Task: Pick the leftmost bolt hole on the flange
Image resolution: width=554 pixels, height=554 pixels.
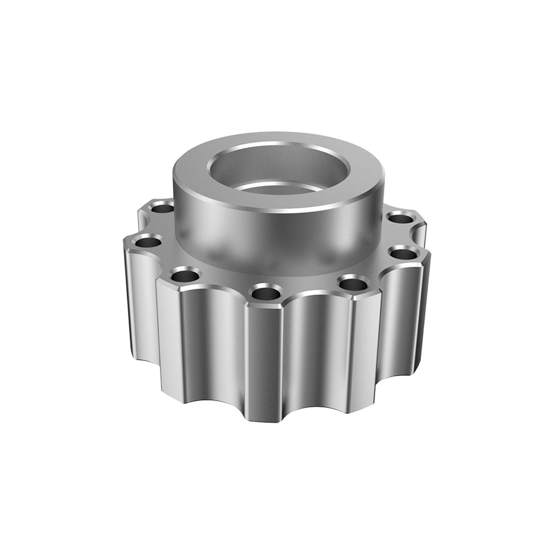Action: click(x=147, y=241)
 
